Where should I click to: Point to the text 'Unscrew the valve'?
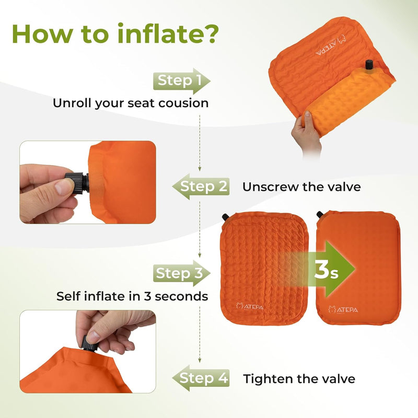pos(301,187)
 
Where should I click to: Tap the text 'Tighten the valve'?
pos(299,379)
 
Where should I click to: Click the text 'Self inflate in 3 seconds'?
pos(132,296)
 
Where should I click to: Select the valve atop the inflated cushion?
pos(319,215)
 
